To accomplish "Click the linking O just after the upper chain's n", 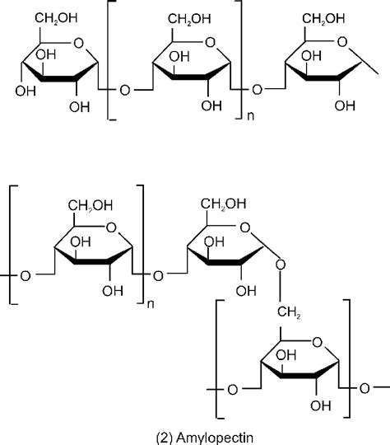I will point(258,89).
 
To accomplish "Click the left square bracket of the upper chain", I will point(111,62).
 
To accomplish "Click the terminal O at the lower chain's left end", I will point(24,274).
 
